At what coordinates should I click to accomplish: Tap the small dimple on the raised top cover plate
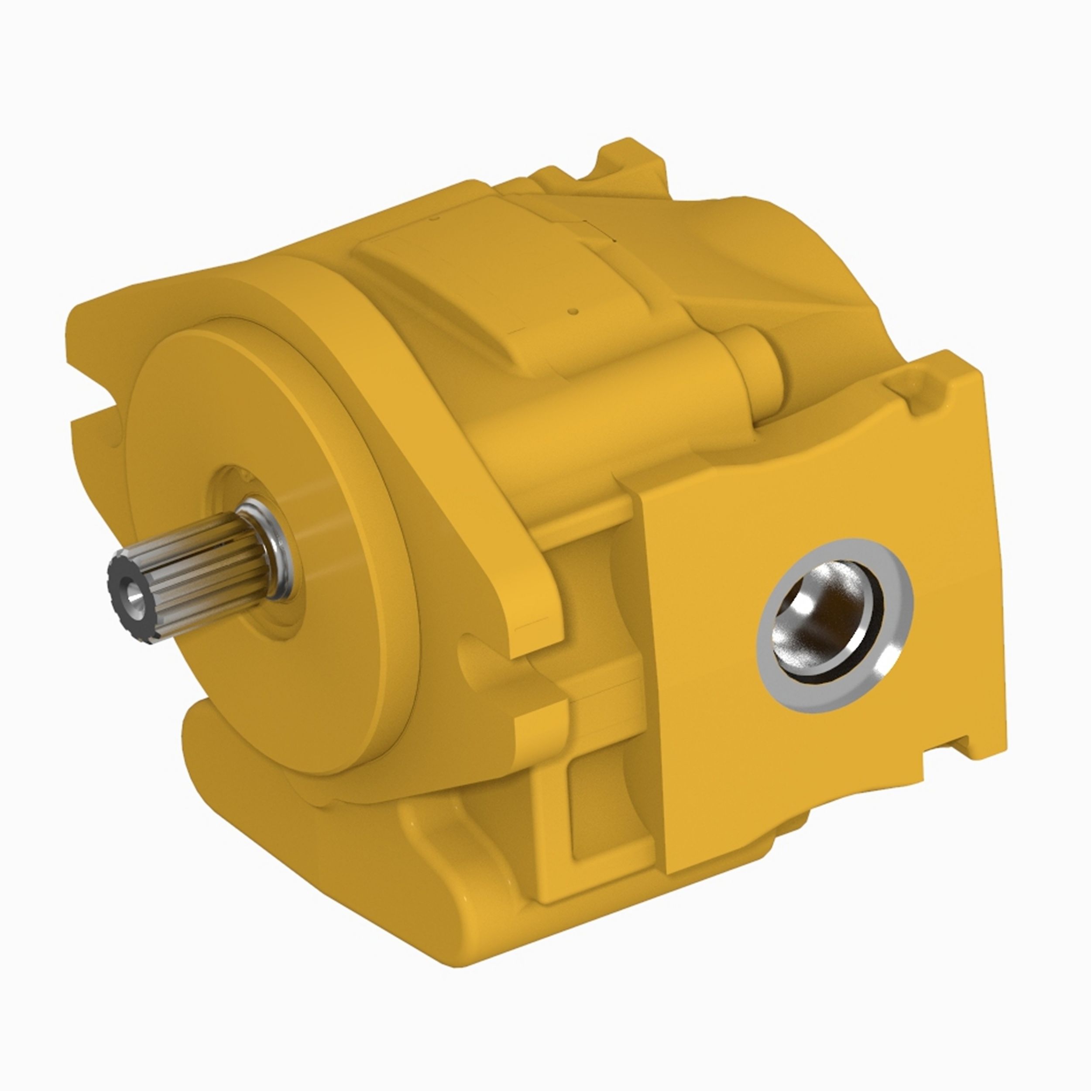click(573, 310)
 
